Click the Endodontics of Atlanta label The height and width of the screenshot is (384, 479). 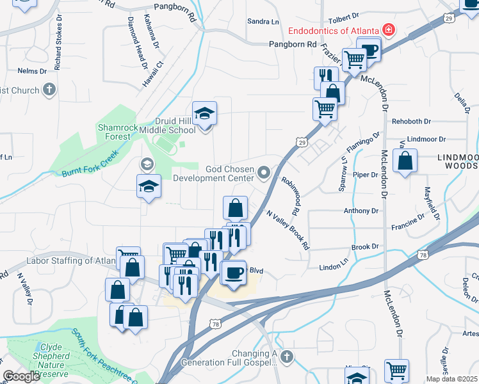click(333, 30)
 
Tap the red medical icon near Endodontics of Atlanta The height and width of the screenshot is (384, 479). click(387, 29)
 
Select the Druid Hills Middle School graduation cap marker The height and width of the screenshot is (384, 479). click(204, 114)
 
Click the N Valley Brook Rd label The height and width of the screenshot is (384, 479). click(288, 230)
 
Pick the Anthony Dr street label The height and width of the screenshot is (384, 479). click(361, 211)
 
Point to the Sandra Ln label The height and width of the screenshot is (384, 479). click(263, 22)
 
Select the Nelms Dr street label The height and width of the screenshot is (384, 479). click(29, 70)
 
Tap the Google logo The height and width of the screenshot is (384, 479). click(20, 376)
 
